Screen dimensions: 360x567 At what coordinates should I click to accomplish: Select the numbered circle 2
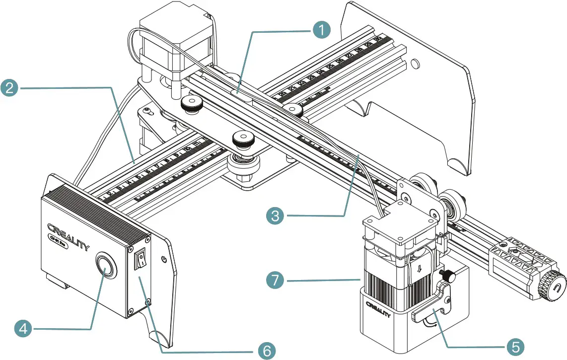10,87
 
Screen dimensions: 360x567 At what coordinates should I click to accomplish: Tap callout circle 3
275,216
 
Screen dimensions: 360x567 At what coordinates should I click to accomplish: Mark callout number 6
266,351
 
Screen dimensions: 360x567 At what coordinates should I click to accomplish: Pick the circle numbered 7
275,281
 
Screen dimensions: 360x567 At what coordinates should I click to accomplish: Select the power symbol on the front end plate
164,259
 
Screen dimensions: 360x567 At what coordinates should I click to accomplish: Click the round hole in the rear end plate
415,63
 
